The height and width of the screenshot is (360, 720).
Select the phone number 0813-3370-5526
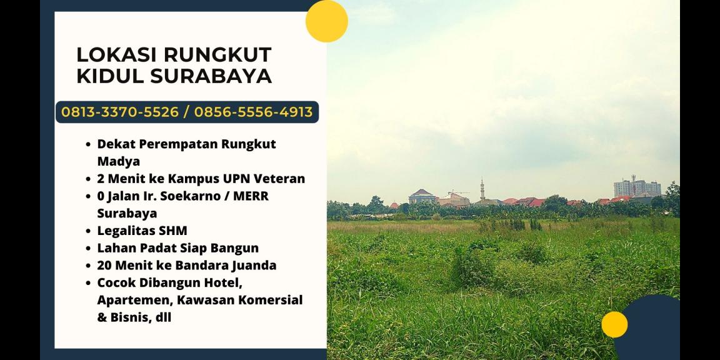click(x=120, y=112)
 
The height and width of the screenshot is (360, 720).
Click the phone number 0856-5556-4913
click(x=253, y=112)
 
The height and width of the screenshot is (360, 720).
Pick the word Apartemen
click(x=134, y=300)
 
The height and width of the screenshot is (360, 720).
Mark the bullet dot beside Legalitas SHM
click(x=89, y=231)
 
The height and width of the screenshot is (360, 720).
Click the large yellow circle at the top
click(x=326, y=21)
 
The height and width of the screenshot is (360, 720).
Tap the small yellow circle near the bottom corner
click(x=614, y=324)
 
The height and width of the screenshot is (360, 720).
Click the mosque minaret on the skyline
click(x=482, y=188)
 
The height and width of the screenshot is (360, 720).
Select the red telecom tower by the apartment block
click(x=633, y=184)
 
